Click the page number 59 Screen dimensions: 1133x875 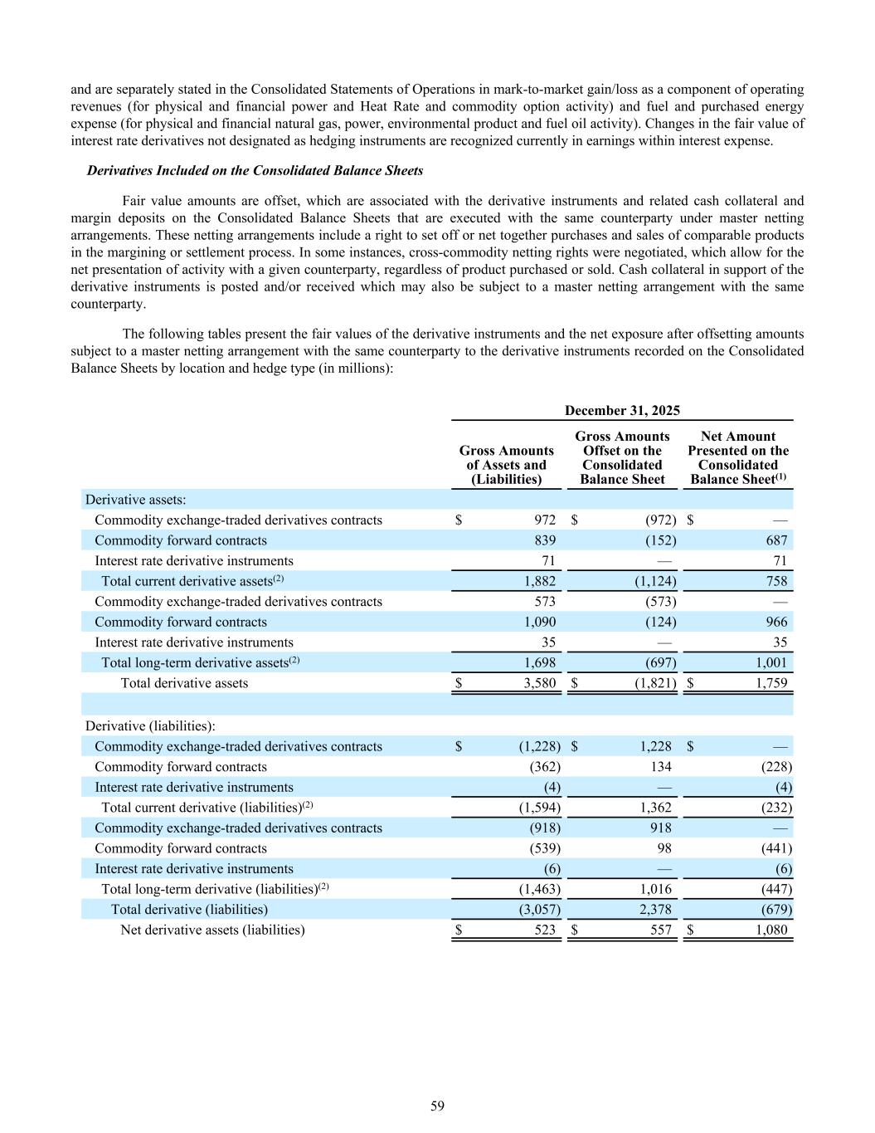coord(437,1106)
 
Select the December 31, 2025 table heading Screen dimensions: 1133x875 coord(622,410)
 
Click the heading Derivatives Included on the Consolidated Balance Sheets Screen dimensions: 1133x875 coord(255,170)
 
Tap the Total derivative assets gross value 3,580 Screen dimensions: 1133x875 coord(539,683)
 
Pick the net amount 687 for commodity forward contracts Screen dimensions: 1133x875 coord(777,540)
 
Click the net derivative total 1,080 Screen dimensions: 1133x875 coord(771,930)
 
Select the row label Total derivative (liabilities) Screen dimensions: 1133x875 coord(189,910)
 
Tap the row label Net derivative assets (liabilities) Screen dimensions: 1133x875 coord(212,930)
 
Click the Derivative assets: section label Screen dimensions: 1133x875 coord(135,500)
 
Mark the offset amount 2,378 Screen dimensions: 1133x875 coord(655,910)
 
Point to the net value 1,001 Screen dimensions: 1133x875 coord(771,662)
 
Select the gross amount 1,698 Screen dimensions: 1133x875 coord(539,662)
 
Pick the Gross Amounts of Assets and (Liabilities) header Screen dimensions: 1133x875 coord(506,465)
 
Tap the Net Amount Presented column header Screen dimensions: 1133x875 coord(737,457)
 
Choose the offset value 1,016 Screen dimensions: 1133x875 coord(655,889)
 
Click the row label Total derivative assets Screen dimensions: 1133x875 coord(184,683)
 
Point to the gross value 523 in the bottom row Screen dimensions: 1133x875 coord(545,930)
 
